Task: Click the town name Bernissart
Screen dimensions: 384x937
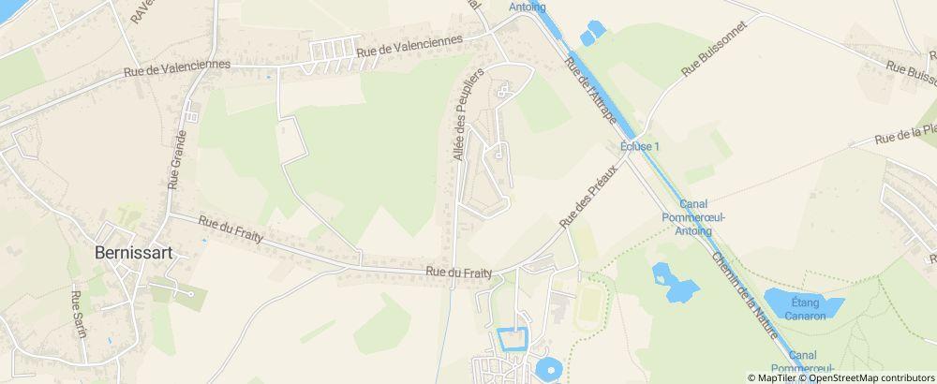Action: (x=136, y=252)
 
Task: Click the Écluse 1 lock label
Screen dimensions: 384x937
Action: (x=641, y=147)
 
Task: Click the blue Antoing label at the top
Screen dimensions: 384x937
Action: (x=527, y=7)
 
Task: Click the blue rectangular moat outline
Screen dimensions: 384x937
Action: (x=512, y=339)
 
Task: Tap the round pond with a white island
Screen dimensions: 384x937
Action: (x=548, y=368)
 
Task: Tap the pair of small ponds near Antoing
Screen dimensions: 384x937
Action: (x=592, y=33)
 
